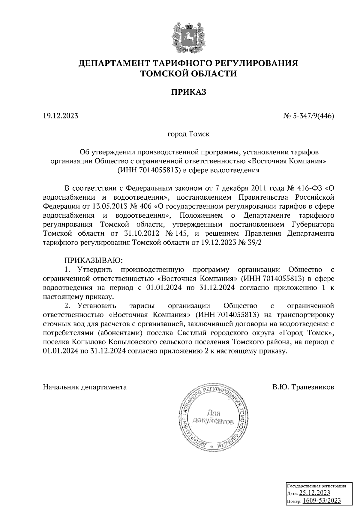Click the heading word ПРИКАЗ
tap(188, 92)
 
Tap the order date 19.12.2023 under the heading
tap(61, 116)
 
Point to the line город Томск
tap(188, 134)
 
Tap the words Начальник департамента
tap(85, 387)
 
